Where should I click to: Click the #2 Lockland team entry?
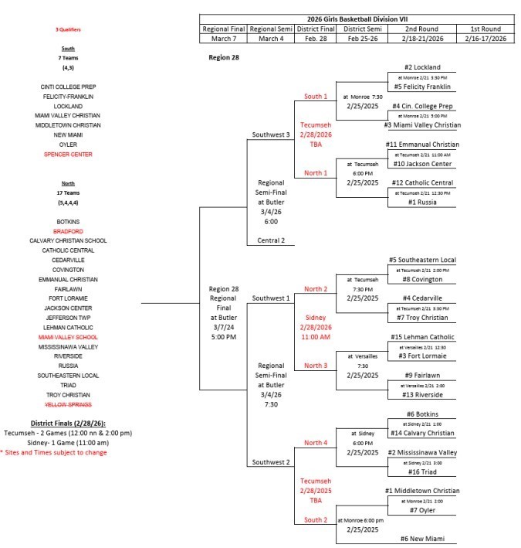[421, 67]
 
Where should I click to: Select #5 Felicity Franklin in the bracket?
[421, 87]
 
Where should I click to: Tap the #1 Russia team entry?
[421, 203]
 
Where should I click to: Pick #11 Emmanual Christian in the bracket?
[421, 145]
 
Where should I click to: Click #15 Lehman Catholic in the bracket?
[421, 337]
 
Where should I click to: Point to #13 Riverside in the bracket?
[421, 394]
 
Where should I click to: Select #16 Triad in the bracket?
[421, 471]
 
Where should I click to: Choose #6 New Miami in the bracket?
[421, 538]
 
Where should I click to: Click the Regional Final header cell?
[224, 29]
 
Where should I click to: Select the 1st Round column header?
[482, 29]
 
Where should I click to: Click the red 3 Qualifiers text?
[68, 29]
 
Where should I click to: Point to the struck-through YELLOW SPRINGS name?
[68, 404]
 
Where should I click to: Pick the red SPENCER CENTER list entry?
[68, 154]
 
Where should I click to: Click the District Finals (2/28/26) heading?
[68, 424]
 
